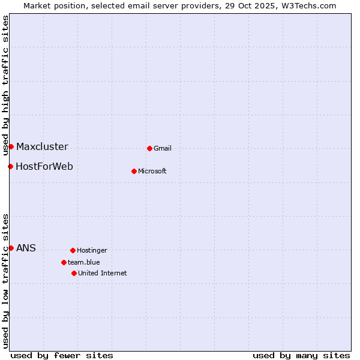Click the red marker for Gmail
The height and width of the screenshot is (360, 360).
pyautogui.click(x=149, y=148)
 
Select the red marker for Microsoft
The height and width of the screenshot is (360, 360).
pyautogui.click(x=134, y=171)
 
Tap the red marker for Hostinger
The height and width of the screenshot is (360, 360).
pyautogui.click(x=73, y=250)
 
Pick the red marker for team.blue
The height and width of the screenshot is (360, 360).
pyautogui.click(x=64, y=262)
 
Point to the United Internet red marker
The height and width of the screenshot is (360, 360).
pyautogui.click(x=74, y=273)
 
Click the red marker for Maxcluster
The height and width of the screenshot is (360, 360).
pyautogui.click(x=11, y=146)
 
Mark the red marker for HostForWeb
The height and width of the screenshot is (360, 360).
pyautogui.click(x=10, y=166)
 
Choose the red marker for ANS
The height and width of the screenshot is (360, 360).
pyautogui.click(x=11, y=248)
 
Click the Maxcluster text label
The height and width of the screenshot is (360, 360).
pyautogui.click(x=42, y=146)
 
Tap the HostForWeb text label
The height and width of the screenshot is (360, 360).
pyautogui.click(x=44, y=166)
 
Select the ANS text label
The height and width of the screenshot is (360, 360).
pyautogui.click(x=26, y=248)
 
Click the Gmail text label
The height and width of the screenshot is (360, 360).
pyautogui.click(x=163, y=148)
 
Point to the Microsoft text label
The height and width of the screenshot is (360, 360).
pyautogui.click(x=152, y=171)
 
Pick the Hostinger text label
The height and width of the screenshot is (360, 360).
pyautogui.click(x=92, y=250)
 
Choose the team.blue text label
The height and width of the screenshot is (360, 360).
pyautogui.click(x=84, y=262)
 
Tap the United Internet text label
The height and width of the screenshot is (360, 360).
pyautogui.click(x=103, y=273)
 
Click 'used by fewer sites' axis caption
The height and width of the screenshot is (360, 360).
pyautogui.click(x=62, y=355)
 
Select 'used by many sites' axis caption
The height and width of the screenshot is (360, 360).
pyautogui.click(x=301, y=355)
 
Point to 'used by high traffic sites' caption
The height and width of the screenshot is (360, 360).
pyautogui.click(x=5, y=85)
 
